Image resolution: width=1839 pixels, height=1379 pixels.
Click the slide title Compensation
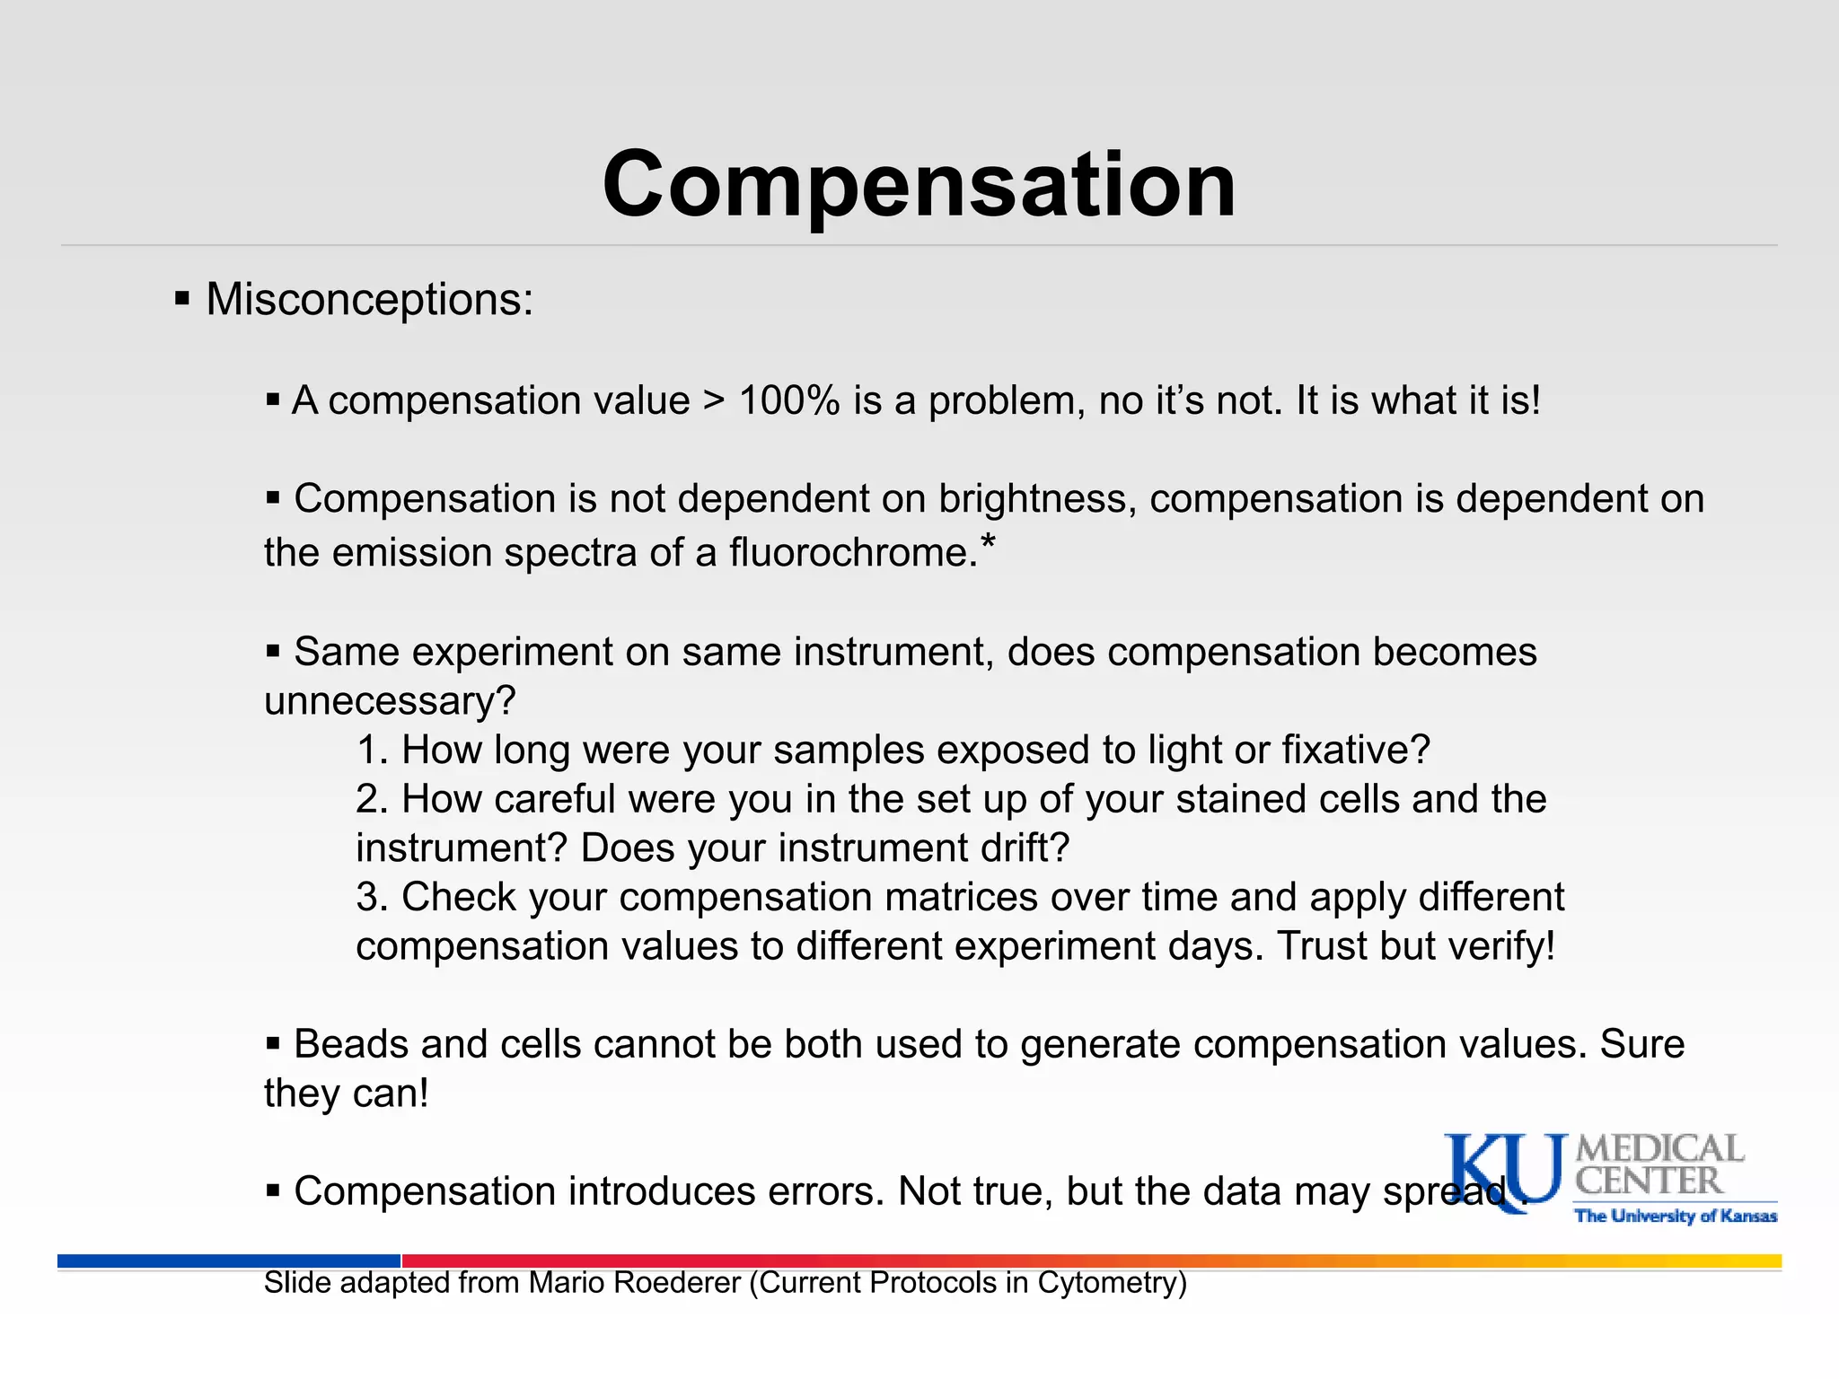(919, 184)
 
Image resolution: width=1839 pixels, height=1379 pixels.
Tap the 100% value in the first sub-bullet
(788, 400)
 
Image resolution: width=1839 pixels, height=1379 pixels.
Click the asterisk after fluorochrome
(988, 540)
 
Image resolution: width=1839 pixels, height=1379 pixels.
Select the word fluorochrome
(851, 552)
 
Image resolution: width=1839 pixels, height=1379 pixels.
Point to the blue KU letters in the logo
(1502, 1172)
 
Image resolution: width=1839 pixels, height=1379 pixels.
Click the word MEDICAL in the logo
(1659, 1149)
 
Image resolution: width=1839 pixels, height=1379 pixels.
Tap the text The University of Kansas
(1676, 1217)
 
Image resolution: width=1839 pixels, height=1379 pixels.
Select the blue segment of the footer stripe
(229, 1260)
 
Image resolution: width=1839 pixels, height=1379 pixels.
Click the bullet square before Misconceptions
(182, 298)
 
